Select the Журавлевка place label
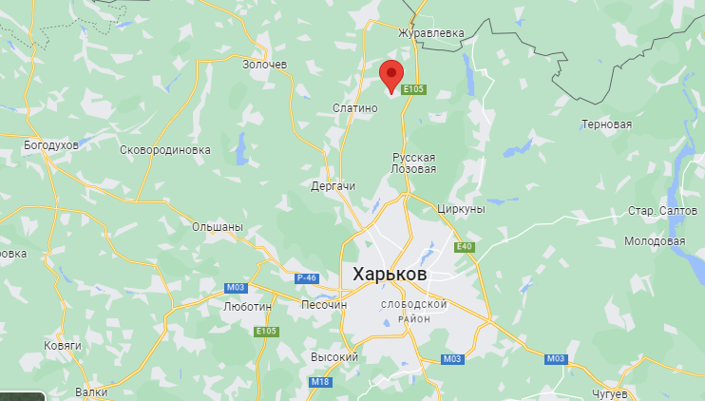(x=431, y=33)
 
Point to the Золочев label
(x=263, y=64)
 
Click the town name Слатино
(x=355, y=107)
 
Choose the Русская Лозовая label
(x=413, y=162)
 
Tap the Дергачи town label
(x=333, y=186)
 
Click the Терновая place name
(x=606, y=124)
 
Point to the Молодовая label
(x=655, y=241)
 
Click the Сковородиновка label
(x=165, y=150)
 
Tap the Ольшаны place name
(x=218, y=228)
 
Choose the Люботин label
(x=246, y=307)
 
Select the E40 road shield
(x=464, y=247)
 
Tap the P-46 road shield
(x=305, y=277)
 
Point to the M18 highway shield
(x=320, y=382)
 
